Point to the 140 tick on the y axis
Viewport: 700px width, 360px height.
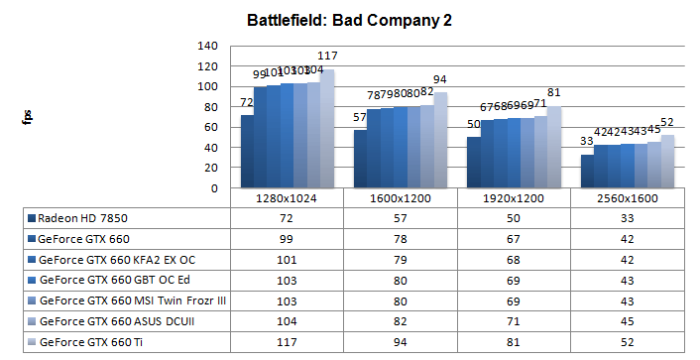tap(207, 46)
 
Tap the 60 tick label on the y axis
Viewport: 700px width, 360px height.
tap(211, 127)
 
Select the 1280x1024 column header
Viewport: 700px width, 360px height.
tap(287, 198)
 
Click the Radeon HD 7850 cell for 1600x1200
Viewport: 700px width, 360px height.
tap(400, 217)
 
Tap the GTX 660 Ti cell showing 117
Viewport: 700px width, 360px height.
tap(287, 342)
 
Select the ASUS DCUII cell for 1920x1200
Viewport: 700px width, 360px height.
tap(514, 321)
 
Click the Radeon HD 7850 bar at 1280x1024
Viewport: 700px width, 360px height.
tap(247, 152)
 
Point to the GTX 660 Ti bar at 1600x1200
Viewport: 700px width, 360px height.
tap(439, 140)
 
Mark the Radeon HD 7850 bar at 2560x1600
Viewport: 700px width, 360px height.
tap(587, 172)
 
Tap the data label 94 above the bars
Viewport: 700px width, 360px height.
tap(439, 79)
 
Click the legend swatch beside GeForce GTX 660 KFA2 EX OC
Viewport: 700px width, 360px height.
tap(33, 259)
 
